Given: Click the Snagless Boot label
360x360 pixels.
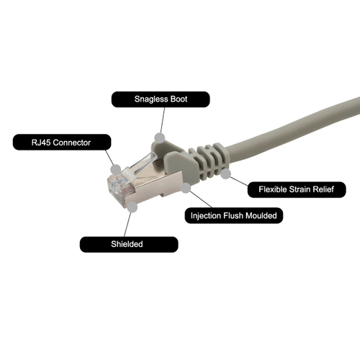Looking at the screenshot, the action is (161, 99).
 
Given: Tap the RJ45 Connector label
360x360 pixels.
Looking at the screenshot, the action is (62, 143).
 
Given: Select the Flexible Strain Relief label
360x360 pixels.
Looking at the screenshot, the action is (297, 189).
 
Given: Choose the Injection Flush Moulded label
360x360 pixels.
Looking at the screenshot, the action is (234, 215).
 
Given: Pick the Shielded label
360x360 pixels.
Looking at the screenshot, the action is (129, 244).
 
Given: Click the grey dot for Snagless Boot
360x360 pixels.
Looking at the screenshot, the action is (160, 138).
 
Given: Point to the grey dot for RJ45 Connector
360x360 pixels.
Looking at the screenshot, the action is (116, 169).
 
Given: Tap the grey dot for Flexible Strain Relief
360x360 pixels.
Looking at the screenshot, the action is (225, 174).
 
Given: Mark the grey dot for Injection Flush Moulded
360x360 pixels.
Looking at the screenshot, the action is (186, 188).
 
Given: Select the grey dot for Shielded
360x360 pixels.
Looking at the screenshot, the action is (132, 207).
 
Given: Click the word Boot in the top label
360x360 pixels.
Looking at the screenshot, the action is (179, 99).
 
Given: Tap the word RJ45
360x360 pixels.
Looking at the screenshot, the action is (41, 143).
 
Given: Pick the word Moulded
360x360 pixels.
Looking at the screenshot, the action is (261, 215).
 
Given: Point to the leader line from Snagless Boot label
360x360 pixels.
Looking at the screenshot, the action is (163, 120).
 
